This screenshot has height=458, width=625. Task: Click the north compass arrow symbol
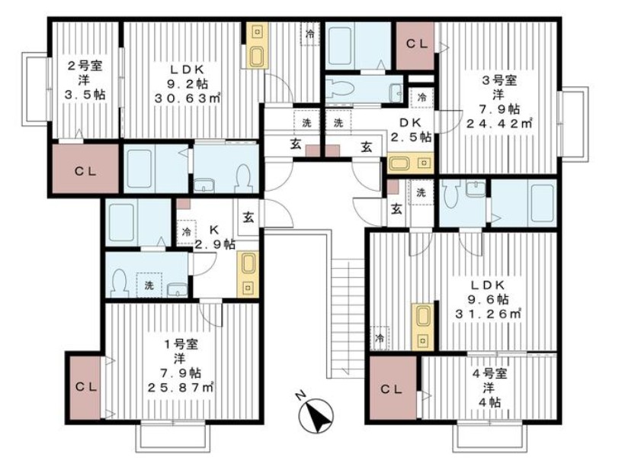pos(317,416)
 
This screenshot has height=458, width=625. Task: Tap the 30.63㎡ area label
pos(187,98)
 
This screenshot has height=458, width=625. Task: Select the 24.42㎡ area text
pos(499,124)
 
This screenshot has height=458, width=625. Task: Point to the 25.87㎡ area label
pos(181,387)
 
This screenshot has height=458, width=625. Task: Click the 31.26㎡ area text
pos(489,314)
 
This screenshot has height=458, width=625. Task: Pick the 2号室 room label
pos(85,66)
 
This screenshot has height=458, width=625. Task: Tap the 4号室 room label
pos(489,373)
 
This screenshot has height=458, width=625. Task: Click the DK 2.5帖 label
pos(411,130)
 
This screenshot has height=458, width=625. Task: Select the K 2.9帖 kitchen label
pos(214,237)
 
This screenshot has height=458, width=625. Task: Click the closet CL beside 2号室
pos(85,171)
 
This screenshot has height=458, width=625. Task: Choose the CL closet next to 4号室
pos(393,388)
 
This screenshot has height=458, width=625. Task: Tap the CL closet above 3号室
pos(415,45)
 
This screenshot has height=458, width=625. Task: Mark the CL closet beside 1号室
pos(85,386)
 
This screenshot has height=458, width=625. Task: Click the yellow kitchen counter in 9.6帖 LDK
pos(422,327)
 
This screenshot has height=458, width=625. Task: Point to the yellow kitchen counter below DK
pos(410,163)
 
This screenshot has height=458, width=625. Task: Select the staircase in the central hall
pos(348,318)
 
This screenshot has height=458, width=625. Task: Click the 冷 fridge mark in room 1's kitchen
pos(186,232)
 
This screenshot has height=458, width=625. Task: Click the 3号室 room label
pos(499,80)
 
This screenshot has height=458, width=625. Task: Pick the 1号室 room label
pos(181,343)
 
